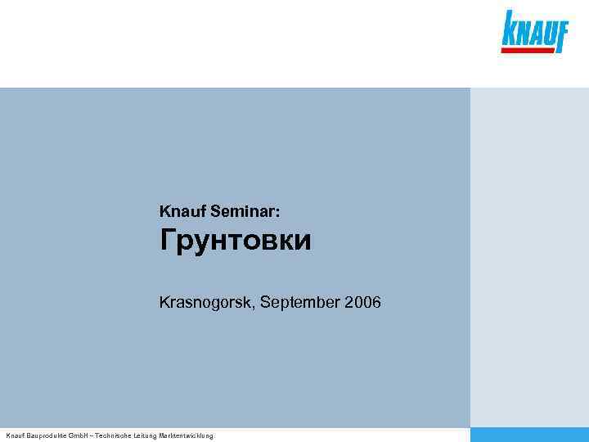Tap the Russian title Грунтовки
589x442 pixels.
[x=236, y=241]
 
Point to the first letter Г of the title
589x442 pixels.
[x=168, y=241]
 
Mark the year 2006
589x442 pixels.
[x=362, y=304]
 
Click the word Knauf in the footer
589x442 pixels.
[x=15, y=436]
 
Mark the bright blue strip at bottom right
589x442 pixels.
[x=529, y=435]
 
